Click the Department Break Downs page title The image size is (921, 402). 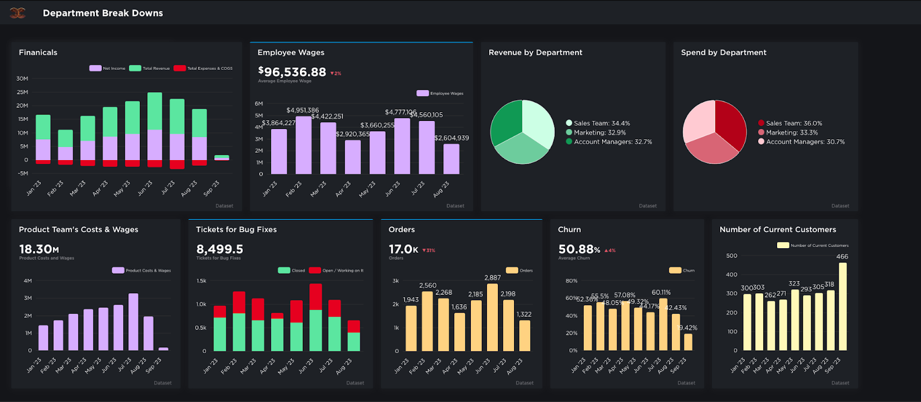coord(102,13)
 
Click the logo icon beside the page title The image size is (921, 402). coord(18,13)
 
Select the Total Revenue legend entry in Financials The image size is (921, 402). coord(150,68)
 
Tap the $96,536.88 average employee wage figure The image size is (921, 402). coord(292,72)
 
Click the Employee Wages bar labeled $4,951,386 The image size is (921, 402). coord(303,145)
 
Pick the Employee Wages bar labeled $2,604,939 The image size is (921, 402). coord(451,159)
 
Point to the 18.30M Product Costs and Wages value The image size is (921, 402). coord(39,249)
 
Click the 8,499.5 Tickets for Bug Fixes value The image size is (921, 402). coord(219,249)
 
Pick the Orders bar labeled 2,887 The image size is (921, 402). coord(492,317)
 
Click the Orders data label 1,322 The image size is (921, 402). coord(524,314)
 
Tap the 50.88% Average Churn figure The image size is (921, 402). coord(579,249)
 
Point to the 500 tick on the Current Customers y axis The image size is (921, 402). coord(732,256)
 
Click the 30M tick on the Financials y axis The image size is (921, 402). coord(22,78)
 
